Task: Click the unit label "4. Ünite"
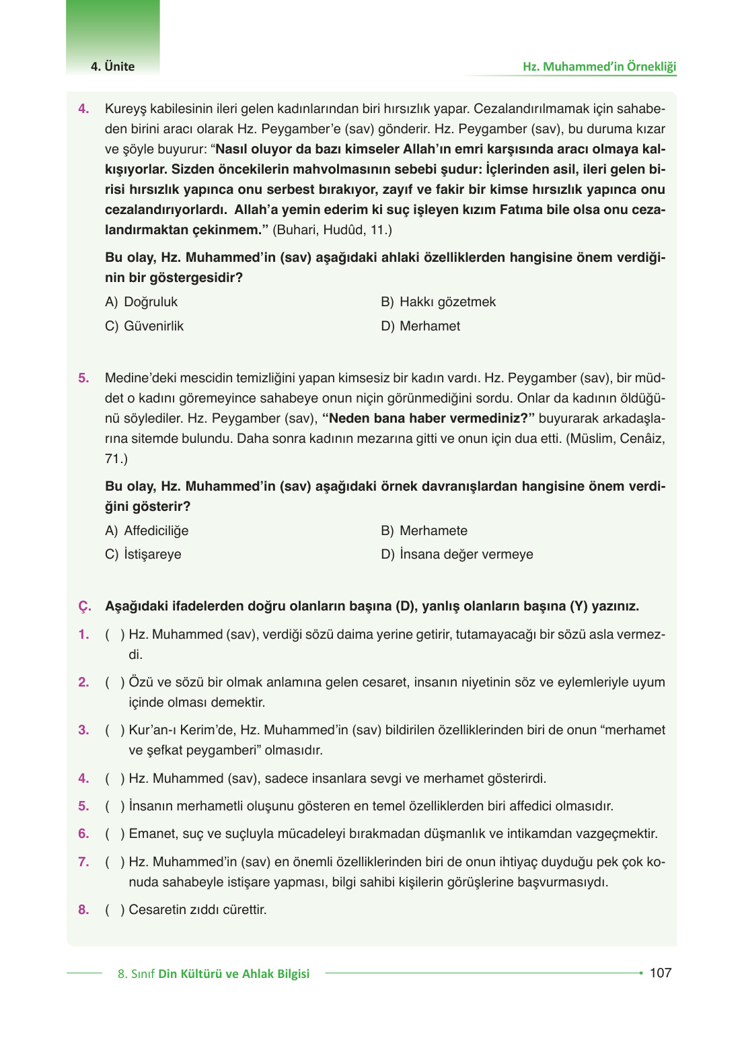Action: pyautogui.click(x=112, y=67)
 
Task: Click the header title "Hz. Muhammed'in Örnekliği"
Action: pyautogui.click(x=599, y=67)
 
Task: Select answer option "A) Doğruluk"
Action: pyautogui.click(x=141, y=302)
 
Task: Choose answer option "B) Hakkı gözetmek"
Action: pyautogui.click(x=438, y=302)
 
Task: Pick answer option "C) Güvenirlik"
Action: pyautogui.click(x=144, y=326)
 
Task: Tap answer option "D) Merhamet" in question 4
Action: pyautogui.click(x=420, y=326)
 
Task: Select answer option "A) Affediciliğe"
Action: pyautogui.click(x=147, y=531)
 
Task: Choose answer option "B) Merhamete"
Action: pyautogui.click(x=424, y=531)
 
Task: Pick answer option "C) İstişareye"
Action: pyautogui.click(x=143, y=555)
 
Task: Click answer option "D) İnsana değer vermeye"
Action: pyautogui.click(x=457, y=555)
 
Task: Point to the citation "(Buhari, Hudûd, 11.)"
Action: pyautogui.click(x=332, y=230)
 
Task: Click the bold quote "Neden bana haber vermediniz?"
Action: pyautogui.click(x=429, y=419)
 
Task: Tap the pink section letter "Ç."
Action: pyautogui.click(x=85, y=606)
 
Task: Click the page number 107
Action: pyautogui.click(x=660, y=973)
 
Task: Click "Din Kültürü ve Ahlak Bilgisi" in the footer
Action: pyautogui.click(x=233, y=974)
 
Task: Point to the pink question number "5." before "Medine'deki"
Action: pyautogui.click(x=83, y=378)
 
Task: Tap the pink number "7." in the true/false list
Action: pyautogui.click(x=83, y=862)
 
